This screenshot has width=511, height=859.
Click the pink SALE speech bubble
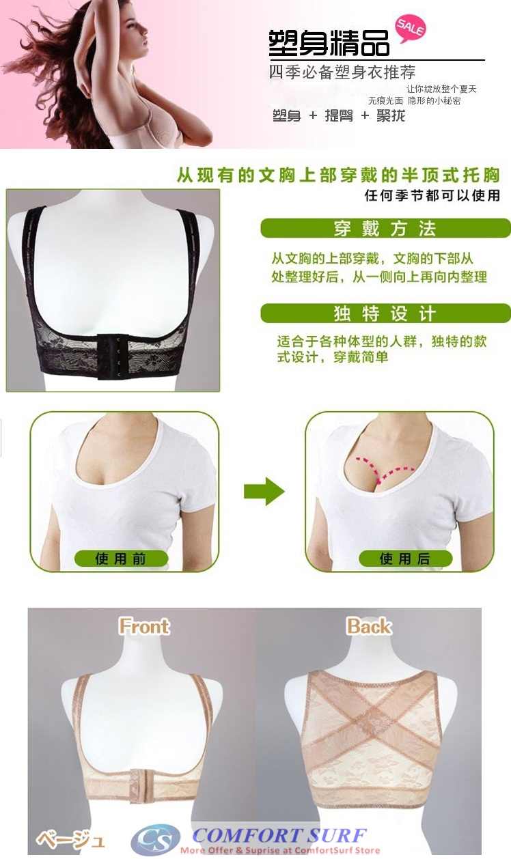tap(410, 28)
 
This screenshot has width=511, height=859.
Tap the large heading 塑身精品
tap(329, 44)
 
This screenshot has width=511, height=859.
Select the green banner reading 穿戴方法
tap(385, 228)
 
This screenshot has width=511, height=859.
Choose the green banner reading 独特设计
tap(385, 313)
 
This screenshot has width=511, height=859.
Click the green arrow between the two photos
tap(264, 491)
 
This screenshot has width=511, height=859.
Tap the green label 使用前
tap(121, 559)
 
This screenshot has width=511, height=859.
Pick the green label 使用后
tap(405, 559)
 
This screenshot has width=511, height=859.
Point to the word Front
tap(144, 626)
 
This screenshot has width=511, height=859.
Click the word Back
tap(369, 626)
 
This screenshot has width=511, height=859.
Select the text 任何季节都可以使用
tap(432, 196)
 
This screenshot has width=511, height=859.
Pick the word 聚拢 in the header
tap(391, 115)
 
